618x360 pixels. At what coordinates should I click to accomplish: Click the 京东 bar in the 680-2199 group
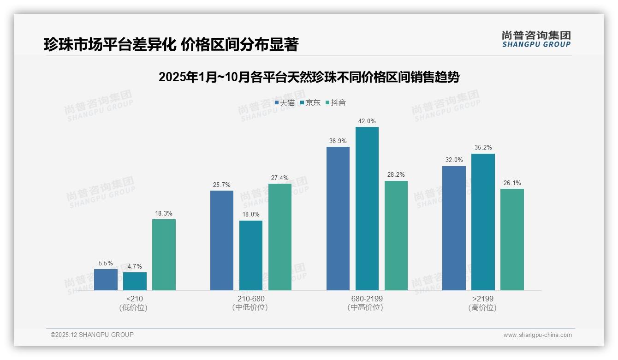coord(367,209)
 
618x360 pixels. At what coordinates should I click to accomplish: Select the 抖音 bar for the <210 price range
coord(164,255)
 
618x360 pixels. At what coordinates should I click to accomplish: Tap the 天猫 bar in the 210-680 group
coord(222,240)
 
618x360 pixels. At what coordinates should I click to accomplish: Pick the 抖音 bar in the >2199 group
coord(512,240)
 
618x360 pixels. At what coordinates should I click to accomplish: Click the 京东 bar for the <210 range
coord(135,281)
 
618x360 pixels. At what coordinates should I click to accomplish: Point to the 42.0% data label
coord(367,121)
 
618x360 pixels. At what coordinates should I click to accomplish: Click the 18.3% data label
coord(164,213)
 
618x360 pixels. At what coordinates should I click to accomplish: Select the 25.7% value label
coord(222,185)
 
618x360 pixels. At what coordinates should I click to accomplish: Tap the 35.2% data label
coord(483,148)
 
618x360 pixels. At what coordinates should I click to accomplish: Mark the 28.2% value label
coord(396,175)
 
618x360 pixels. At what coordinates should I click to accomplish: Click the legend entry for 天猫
coord(285,102)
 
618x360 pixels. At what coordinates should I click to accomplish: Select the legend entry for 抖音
coord(336,102)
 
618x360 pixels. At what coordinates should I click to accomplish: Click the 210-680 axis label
coord(251,299)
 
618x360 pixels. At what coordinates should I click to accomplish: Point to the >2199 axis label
coord(483,299)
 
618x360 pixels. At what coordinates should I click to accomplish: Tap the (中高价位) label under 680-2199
coord(367,307)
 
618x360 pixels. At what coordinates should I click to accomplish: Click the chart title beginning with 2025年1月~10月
coord(309,77)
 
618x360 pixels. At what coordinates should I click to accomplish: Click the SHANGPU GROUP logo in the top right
coord(536,39)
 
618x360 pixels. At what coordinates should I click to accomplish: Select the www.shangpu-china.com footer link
coord(537,335)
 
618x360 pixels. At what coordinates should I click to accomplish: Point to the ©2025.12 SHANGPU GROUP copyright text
coord(92,335)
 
